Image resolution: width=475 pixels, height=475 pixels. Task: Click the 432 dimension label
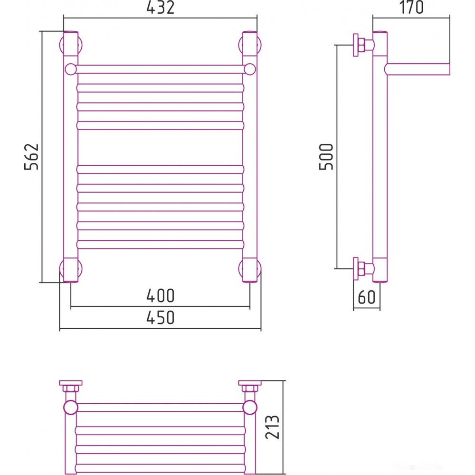coord(160,8)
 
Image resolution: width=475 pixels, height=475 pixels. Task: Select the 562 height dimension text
coord(31,156)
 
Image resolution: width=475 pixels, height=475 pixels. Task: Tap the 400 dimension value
coord(160,295)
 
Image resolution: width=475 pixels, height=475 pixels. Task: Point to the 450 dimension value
coord(160,317)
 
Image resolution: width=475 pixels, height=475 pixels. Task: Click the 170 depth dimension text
coord(411,8)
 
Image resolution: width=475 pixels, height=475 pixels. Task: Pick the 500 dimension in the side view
coord(326,156)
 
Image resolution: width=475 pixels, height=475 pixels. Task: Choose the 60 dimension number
coord(367,297)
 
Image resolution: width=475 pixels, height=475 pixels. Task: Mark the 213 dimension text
coord(272,427)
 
